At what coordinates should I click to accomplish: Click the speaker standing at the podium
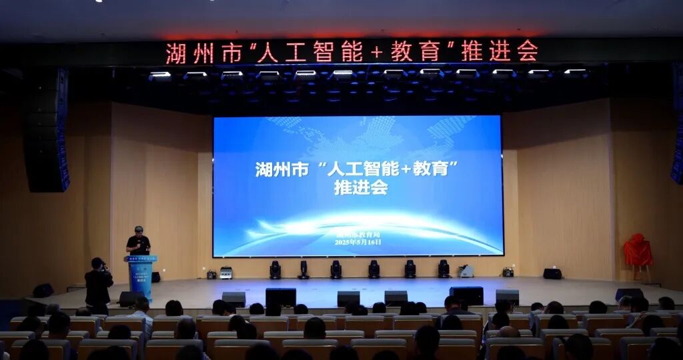tap(138, 241)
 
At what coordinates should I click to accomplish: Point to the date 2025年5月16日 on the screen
tap(358, 243)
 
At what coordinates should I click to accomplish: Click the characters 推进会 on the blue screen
tap(360, 188)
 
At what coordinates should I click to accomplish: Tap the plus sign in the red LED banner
tap(376, 52)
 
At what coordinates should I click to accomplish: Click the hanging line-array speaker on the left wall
tap(47, 130)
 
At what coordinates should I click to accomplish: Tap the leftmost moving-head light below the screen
tap(275, 269)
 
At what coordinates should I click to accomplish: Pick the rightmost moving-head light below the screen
tap(444, 269)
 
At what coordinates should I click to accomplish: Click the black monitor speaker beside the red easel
tap(552, 273)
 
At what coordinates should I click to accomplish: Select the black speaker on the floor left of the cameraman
tap(43, 290)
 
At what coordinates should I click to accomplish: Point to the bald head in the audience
tap(508, 332)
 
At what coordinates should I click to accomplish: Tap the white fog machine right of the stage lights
tap(466, 270)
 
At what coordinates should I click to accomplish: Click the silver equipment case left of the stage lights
tap(226, 272)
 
